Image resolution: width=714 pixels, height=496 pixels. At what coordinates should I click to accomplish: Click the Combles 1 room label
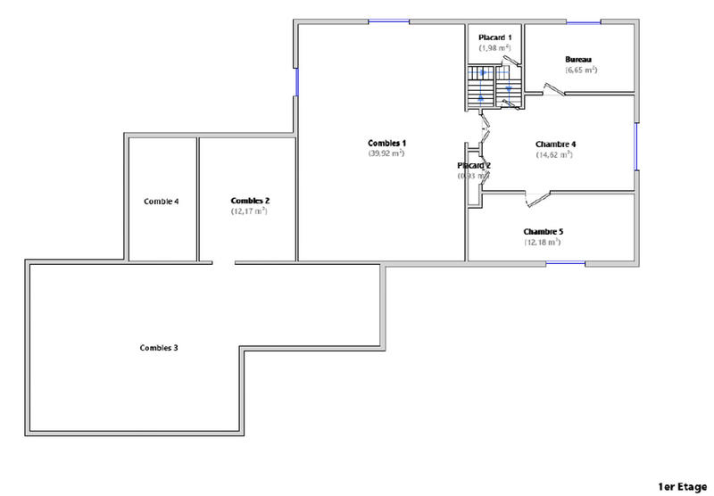(x=387, y=143)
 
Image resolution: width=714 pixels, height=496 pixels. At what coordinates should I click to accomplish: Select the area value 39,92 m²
(x=386, y=153)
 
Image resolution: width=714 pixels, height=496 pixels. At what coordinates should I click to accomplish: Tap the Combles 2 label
(x=250, y=201)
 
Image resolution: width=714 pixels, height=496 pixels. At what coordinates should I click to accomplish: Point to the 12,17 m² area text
(x=250, y=211)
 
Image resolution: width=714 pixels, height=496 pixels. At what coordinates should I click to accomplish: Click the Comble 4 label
(x=162, y=202)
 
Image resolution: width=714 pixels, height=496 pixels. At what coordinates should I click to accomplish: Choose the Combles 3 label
(x=159, y=346)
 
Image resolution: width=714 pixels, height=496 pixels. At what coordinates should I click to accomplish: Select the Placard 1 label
(x=494, y=37)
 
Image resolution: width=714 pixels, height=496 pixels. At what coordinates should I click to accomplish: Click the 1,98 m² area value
(x=494, y=47)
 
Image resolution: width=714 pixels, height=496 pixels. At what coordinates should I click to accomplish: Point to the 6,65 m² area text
(x=580, y=70)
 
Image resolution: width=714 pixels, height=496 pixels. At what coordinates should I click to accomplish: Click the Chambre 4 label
(x=555, y=144)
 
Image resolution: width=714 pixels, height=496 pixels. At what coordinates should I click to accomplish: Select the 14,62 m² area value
(x=555, y=154)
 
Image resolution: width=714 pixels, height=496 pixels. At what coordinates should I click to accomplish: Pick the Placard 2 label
(x=474, y=166)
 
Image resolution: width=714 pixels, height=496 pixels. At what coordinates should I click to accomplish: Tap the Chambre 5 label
(x=543, y=232)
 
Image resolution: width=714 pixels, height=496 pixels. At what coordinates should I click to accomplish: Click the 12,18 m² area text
(x=543, y=243)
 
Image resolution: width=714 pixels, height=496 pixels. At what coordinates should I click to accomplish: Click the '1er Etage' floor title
(x=682, y=486)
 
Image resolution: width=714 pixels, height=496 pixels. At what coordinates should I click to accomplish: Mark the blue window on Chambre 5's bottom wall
(x=565, y=262)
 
